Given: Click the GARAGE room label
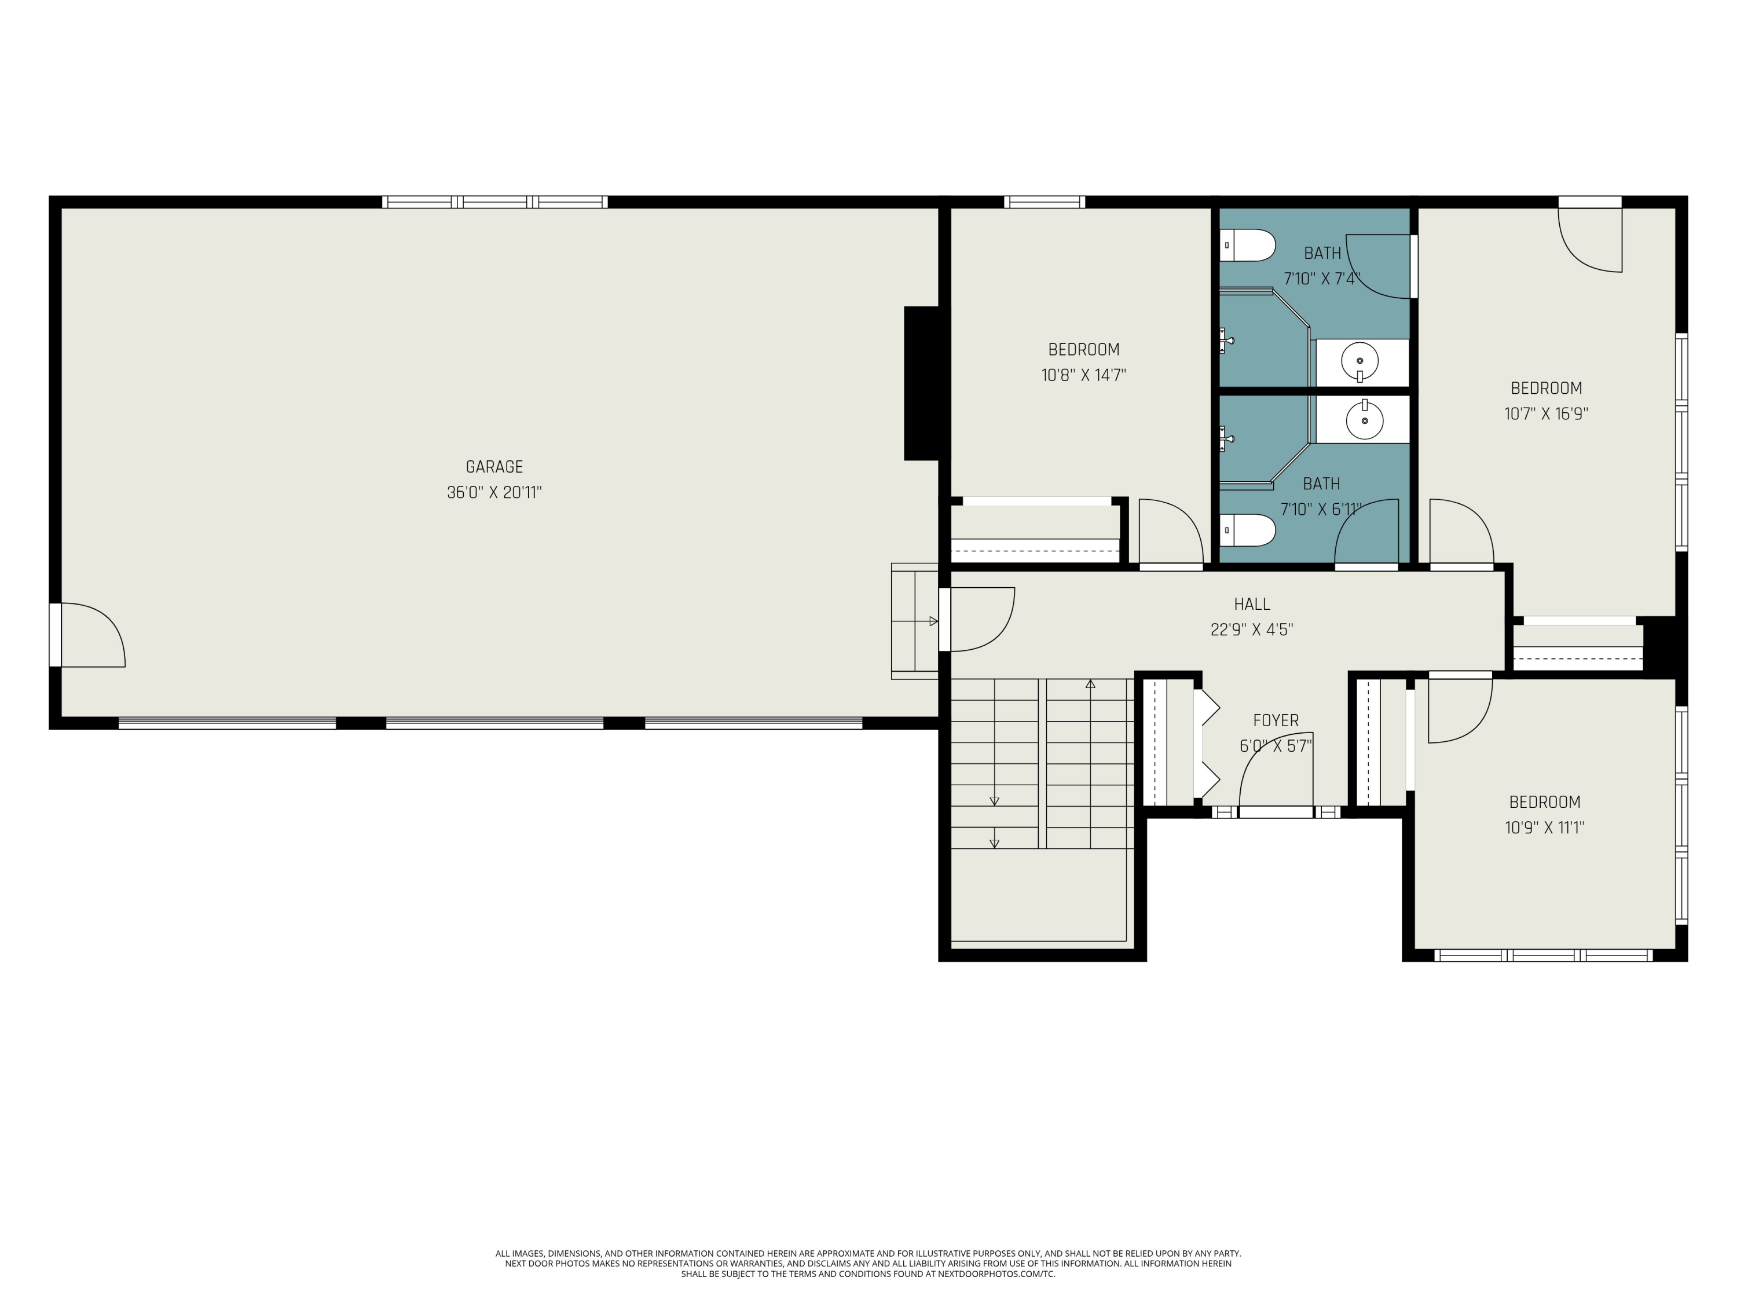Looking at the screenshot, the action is point(494,467).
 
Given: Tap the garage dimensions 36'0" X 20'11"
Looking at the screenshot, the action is point(494,492).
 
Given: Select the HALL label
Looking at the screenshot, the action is point(1252,604).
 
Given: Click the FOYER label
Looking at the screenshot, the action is point(1276,720).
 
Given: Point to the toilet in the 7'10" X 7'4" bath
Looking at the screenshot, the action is point(1247,245).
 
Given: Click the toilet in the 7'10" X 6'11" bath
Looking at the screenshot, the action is point(1247,530).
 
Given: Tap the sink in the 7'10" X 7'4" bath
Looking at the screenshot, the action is point(1360,363).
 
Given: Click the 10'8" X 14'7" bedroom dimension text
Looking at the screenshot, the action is point(1084,375).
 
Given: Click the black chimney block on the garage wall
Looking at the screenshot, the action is point(922,383).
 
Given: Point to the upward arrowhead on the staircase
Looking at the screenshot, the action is point(1090,684).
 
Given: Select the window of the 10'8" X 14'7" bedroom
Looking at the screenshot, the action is point(1045,202).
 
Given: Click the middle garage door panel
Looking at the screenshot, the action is point(494,723).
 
